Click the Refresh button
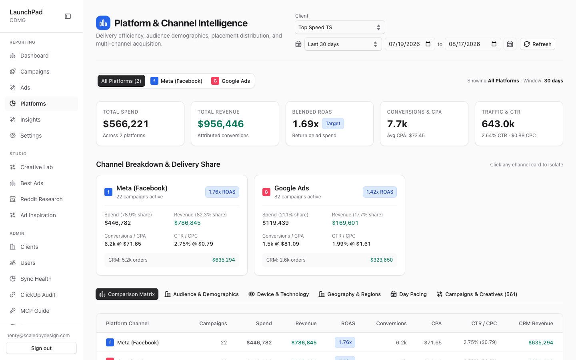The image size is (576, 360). [x=538, y=44]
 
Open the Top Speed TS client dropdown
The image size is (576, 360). [x=340, y=27]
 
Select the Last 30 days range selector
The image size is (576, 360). [x=343, y=44]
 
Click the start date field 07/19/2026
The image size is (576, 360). [x=410, y=44]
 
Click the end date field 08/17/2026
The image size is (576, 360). [x=473, y=44]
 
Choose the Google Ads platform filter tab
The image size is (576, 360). [x=230, y=81]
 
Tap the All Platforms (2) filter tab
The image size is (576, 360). [x=121, y=81]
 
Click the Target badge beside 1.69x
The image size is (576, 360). [x=333, y=124]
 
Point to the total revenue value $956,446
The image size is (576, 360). [x=221, y=124]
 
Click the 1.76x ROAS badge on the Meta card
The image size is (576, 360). [x=222, y=192]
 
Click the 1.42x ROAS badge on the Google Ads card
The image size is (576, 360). [x=380, y=192]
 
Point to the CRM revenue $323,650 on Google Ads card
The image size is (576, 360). [x=381, y=260]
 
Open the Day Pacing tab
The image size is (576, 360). [x=409, y=294]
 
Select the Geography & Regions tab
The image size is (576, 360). [x=350, y=294]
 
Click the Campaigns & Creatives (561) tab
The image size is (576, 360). [x=477, y=294]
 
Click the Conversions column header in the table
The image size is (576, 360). [x=391, y=323]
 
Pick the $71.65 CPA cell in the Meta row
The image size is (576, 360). [x=433, y=342]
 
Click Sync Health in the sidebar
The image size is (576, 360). [x=36, y=279]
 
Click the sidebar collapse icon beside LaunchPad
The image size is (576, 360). [x=68, y=16]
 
